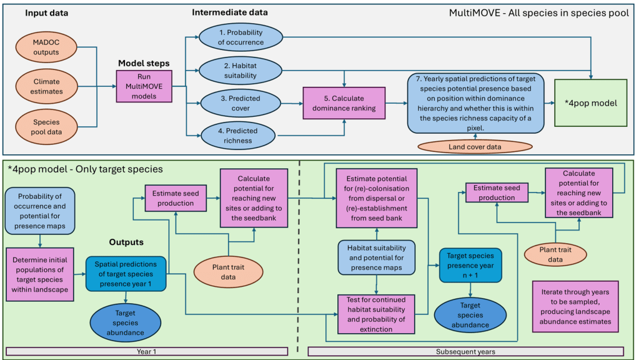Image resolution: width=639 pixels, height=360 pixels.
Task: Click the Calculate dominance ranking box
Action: click(x=344, y=102)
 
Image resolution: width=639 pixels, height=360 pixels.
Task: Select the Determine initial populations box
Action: click(x=40, y=273)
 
